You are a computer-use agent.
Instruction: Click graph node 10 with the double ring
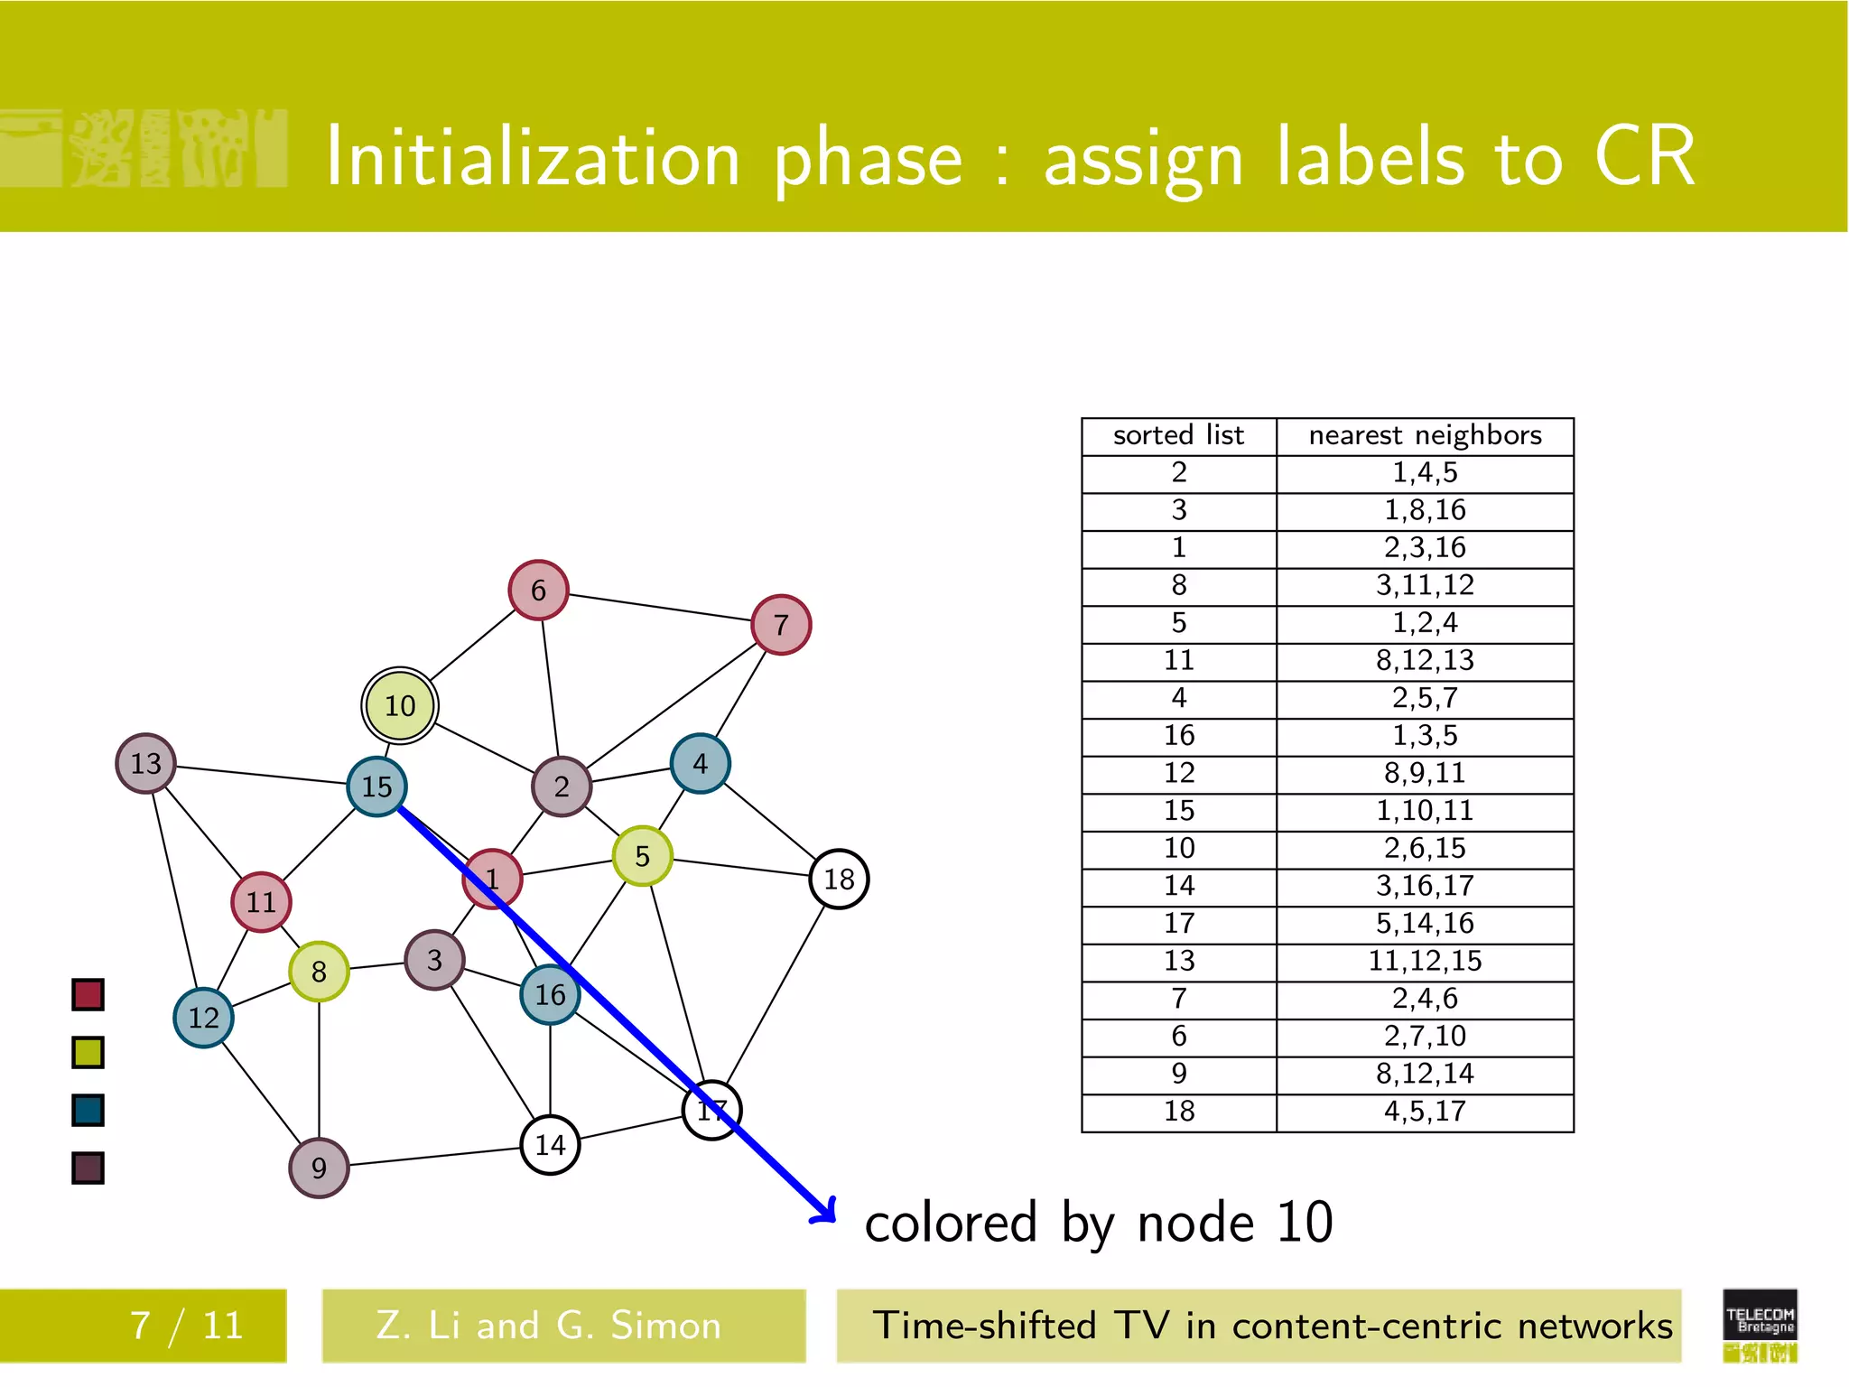pos(400,705)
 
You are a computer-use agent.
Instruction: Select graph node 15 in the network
pos(376,787)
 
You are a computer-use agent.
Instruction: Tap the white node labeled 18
pos(839,879)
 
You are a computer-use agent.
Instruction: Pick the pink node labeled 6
pos(538,590)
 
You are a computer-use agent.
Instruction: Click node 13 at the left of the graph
pos(145,763)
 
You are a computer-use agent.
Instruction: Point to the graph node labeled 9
pos(319,1168)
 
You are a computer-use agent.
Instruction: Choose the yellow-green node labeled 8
pos(319,972)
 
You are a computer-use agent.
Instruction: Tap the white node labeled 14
pos(550,1145)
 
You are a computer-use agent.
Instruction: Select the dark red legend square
pos(88,995)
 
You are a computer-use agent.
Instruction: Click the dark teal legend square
pos(88,1110)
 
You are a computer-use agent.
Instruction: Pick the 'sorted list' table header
pos(1178,436)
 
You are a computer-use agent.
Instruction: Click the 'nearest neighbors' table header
pos(1425,436)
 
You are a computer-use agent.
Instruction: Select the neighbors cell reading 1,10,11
pos(1425,811)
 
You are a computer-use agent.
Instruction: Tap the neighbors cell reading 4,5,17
pos(1425,1112)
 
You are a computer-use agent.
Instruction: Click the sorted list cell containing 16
pos(1178,736)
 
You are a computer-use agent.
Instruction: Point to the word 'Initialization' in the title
pos(533,158)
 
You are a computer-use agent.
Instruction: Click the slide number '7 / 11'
pos(187,1326)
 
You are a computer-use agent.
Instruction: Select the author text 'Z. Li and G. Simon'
pos(549,1326)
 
